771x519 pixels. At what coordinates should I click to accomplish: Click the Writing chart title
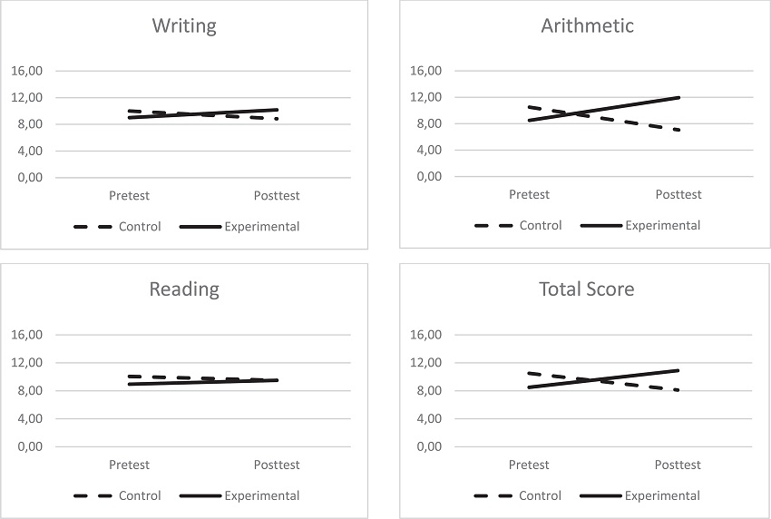(x=184, y=25)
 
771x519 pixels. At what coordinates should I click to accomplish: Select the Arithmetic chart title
(x=586, y=25)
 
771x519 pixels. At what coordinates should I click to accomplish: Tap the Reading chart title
(x=184, y=289)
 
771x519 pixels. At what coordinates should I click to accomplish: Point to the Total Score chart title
(x=586, y=289)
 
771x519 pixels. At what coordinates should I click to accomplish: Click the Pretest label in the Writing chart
(x=129, y=195)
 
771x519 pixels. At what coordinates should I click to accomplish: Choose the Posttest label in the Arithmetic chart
(x=678, y=194)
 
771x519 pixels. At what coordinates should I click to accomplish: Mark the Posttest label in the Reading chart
(x=277, y=465)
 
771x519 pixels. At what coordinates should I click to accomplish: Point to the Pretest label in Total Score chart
(x=529, y=465)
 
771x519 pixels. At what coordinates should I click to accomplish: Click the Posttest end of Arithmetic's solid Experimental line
(x=678, y=97)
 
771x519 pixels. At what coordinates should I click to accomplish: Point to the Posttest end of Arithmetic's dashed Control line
(x=678, y=130)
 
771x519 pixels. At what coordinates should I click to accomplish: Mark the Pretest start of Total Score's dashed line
(x=530, y=373)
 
